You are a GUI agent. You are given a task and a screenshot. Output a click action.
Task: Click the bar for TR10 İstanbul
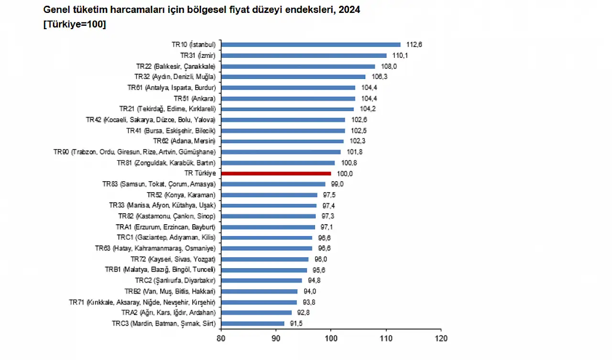(311, 44)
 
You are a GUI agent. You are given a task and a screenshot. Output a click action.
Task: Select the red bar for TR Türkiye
(276, 174)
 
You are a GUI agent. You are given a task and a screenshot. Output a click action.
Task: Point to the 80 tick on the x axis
(221, 338)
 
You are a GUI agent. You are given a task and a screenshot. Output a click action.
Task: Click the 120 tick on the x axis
(441, 338)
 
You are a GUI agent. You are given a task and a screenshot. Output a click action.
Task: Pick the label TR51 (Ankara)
(195, 98)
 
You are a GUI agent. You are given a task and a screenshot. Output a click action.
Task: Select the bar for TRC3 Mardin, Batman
(252, 324)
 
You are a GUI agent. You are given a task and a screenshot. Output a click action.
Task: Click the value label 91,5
(295, 324)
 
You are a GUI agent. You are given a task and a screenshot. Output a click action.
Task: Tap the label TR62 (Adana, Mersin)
(185, 141)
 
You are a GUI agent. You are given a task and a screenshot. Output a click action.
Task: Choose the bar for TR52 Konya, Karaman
(269, 195)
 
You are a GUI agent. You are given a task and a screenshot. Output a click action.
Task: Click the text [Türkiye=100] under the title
(75, 24)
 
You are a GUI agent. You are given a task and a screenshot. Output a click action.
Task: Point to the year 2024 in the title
(350, 10)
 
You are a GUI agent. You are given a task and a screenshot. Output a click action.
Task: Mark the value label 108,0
(389, 66)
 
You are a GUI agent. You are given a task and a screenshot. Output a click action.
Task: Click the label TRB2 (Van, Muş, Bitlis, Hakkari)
(170, 291)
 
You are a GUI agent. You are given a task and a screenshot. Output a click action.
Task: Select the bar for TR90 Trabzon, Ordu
(281, 152)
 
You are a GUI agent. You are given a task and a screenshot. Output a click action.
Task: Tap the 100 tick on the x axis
(331, 338)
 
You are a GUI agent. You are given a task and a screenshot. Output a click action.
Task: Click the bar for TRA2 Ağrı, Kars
(256, 313)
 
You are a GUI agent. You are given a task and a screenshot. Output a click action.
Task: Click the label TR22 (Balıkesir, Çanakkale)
(176, 66)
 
